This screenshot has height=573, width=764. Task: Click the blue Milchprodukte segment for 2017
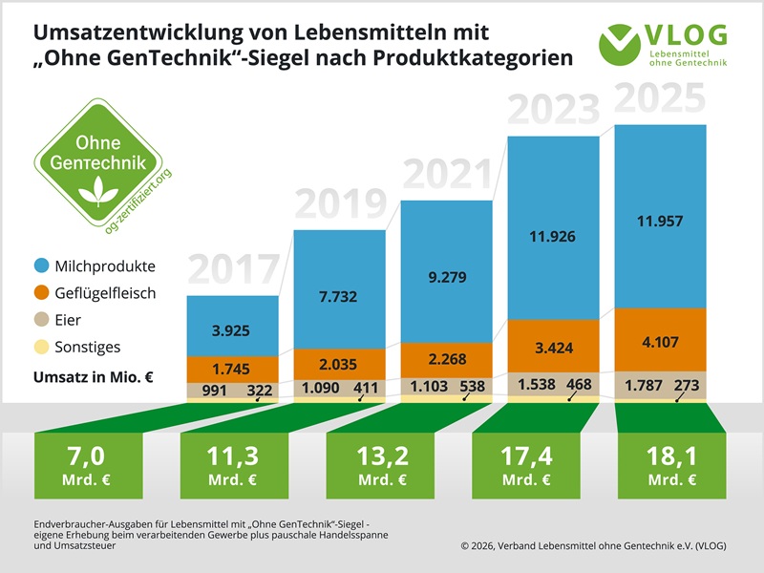click(232, 325)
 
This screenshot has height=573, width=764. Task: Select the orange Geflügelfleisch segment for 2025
click(660, 339)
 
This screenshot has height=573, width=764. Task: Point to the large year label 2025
click(660, 100)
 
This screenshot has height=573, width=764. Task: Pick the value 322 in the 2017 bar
click(260, 391)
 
